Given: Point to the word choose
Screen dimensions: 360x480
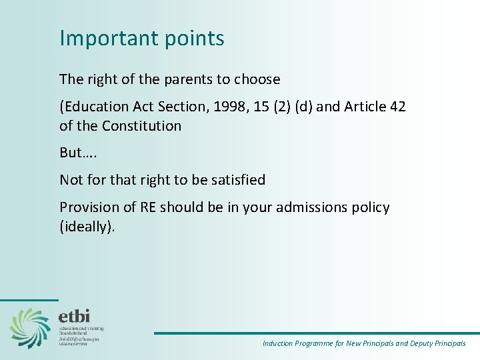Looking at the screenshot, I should (x=257, y=79).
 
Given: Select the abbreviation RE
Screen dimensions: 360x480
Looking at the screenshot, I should (x=149, y=207).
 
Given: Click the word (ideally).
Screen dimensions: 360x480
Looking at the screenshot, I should (x=87, y=227).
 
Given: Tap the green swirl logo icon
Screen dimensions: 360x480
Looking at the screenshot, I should (x=30, y=327).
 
